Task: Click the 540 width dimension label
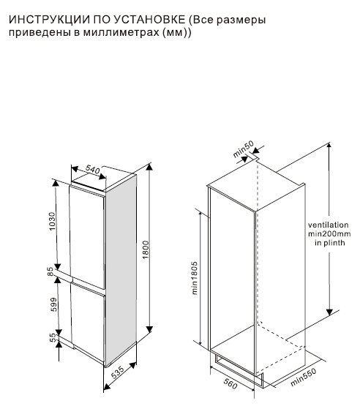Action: pyautogui.click(x=93, y=169)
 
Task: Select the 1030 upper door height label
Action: pyautogui.click(x=53, y=221)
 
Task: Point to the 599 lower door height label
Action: pyautogui.click(x=53, y=304)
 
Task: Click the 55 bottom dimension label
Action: pyautogui.click(x=53, y=337)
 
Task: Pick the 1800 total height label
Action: pyautogui.click(x=146, y=250)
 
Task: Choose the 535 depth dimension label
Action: pyautogui.click(x=118, y=372)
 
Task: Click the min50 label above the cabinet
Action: pyautogui.click(x=243, y=149)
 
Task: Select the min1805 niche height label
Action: pyautogui.click(x=195, y=278)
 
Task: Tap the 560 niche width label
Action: pyautogui.click(x=230, y=383)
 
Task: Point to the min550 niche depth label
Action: pyautogui.click(x=304, y=377)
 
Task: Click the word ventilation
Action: pyautogui.click(x=329, y=225)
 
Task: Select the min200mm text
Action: pyautogui.click(x=329, y=233)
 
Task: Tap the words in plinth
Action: pyautogui.click(x=330, y=243)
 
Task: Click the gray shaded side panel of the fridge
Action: pyautogui.click(x=121, y=269)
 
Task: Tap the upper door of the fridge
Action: pyautogui.click(x=87, y=236)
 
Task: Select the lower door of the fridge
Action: pyautogui.click(x=88, y=321)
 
